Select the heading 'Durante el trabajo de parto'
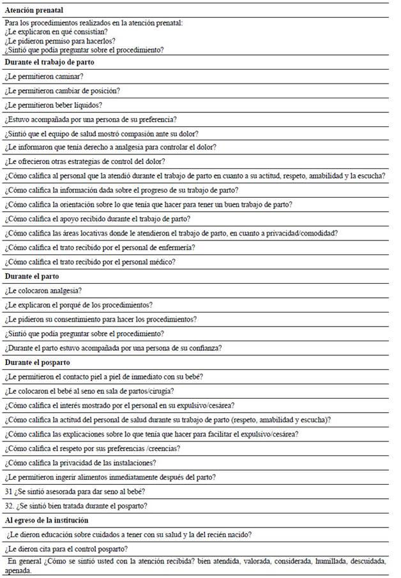point(50,63)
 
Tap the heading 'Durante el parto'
point(31,277)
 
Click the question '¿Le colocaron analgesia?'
point(43,291)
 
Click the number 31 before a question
point(8,491)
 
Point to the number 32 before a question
point(9,506)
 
